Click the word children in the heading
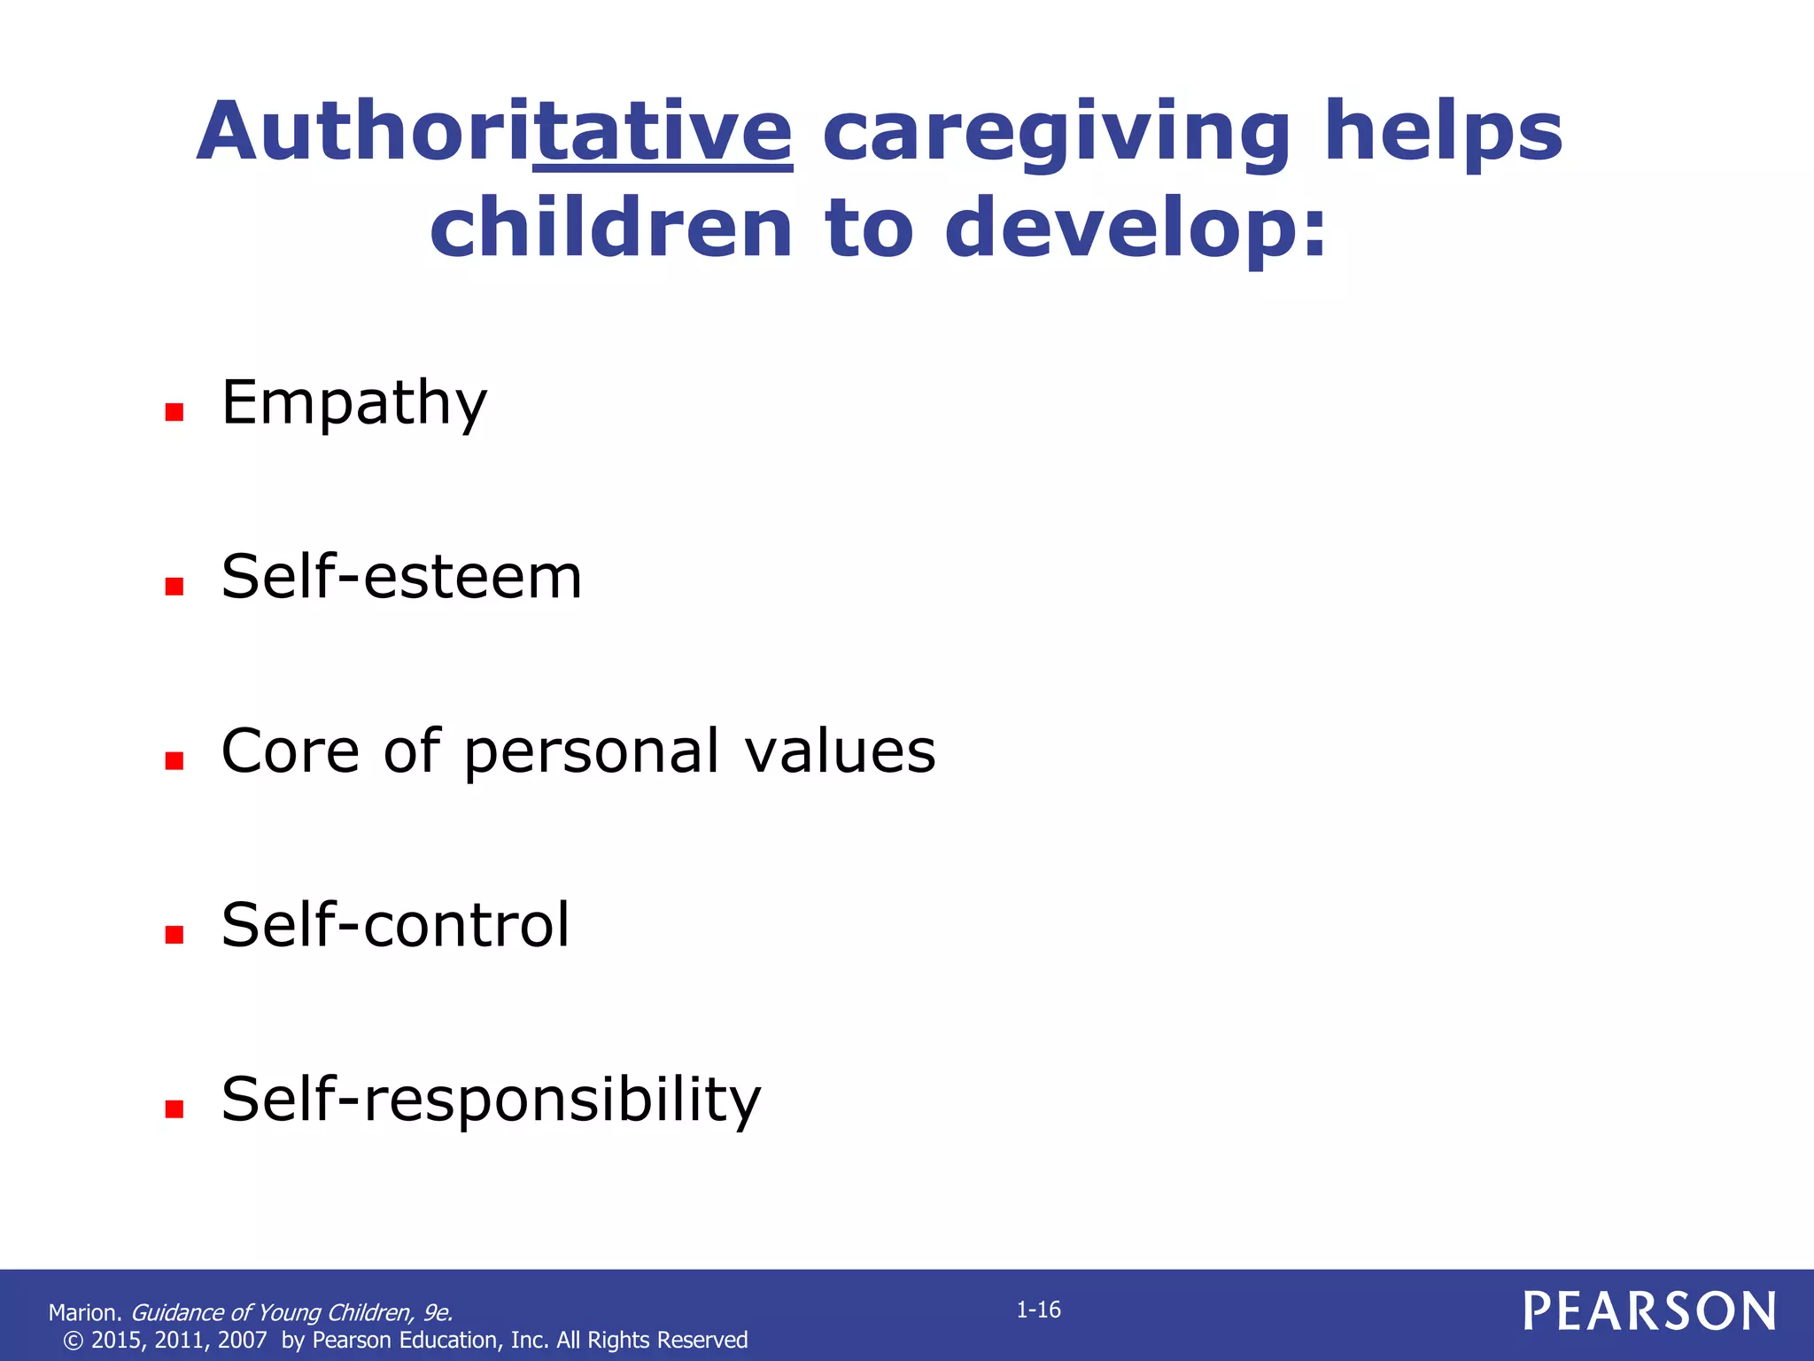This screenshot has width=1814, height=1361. click(x=610, y=229)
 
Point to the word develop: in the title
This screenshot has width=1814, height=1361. click(x=1136, y=229)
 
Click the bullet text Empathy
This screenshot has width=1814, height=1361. click(x=353, y=403)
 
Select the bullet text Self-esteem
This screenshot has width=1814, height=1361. click(x=401, y=578)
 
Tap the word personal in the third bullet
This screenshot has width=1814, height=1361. click(x=591, y=751)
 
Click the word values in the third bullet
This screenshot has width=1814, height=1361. click(x=840, y=751)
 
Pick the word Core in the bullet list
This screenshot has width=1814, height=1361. click(x=291, y=751)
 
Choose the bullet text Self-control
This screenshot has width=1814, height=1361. click(x=395, y=925)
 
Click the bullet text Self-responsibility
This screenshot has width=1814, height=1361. click(x=491, y=1100)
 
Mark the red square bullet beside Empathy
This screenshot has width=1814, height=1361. click(x=174, y=412)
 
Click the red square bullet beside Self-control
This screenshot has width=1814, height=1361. click(x=174, y=934)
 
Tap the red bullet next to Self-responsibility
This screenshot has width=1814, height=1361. click(x=174, y=1108)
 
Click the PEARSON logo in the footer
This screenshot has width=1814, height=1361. click(x=1649, y=1311)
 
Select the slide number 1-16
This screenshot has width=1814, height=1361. click(x=1038, y=1310)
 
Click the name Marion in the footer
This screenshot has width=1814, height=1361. click(x=82, y=1312)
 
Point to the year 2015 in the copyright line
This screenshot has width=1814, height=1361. click(x=115, y=1340)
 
